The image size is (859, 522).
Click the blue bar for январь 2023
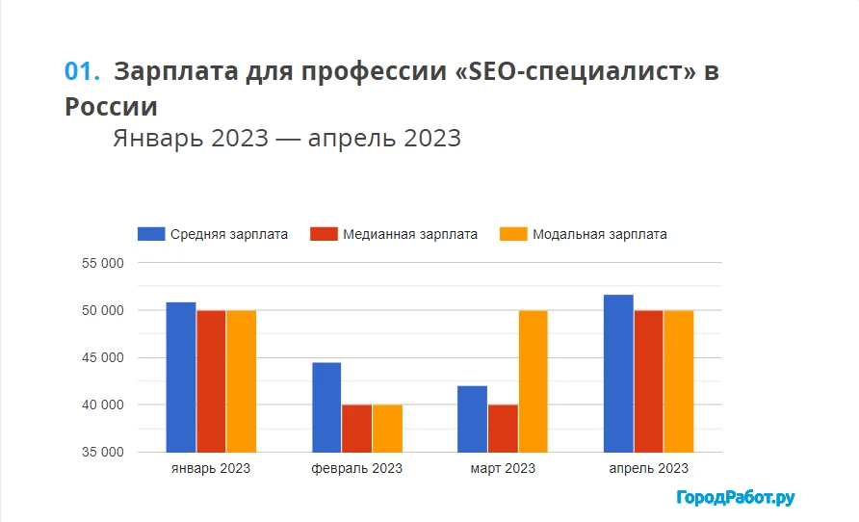[181, 378]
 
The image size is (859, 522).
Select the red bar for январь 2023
[211, 381]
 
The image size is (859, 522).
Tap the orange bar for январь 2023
[242, 381]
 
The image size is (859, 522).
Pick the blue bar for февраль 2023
[326, 407]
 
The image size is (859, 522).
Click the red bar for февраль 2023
[356, 429]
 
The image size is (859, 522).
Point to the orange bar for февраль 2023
[387, 429]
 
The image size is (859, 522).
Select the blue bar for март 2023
[472, 419]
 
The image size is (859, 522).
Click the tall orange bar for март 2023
[533, 381]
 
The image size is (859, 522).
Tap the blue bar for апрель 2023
[618, 374]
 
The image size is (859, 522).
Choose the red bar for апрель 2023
[648, 381]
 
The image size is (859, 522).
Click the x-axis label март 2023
[503, 469]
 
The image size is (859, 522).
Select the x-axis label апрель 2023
[648, 469]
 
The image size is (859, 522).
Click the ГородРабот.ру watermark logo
[736, 498]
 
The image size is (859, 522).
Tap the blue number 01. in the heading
[82, 71]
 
